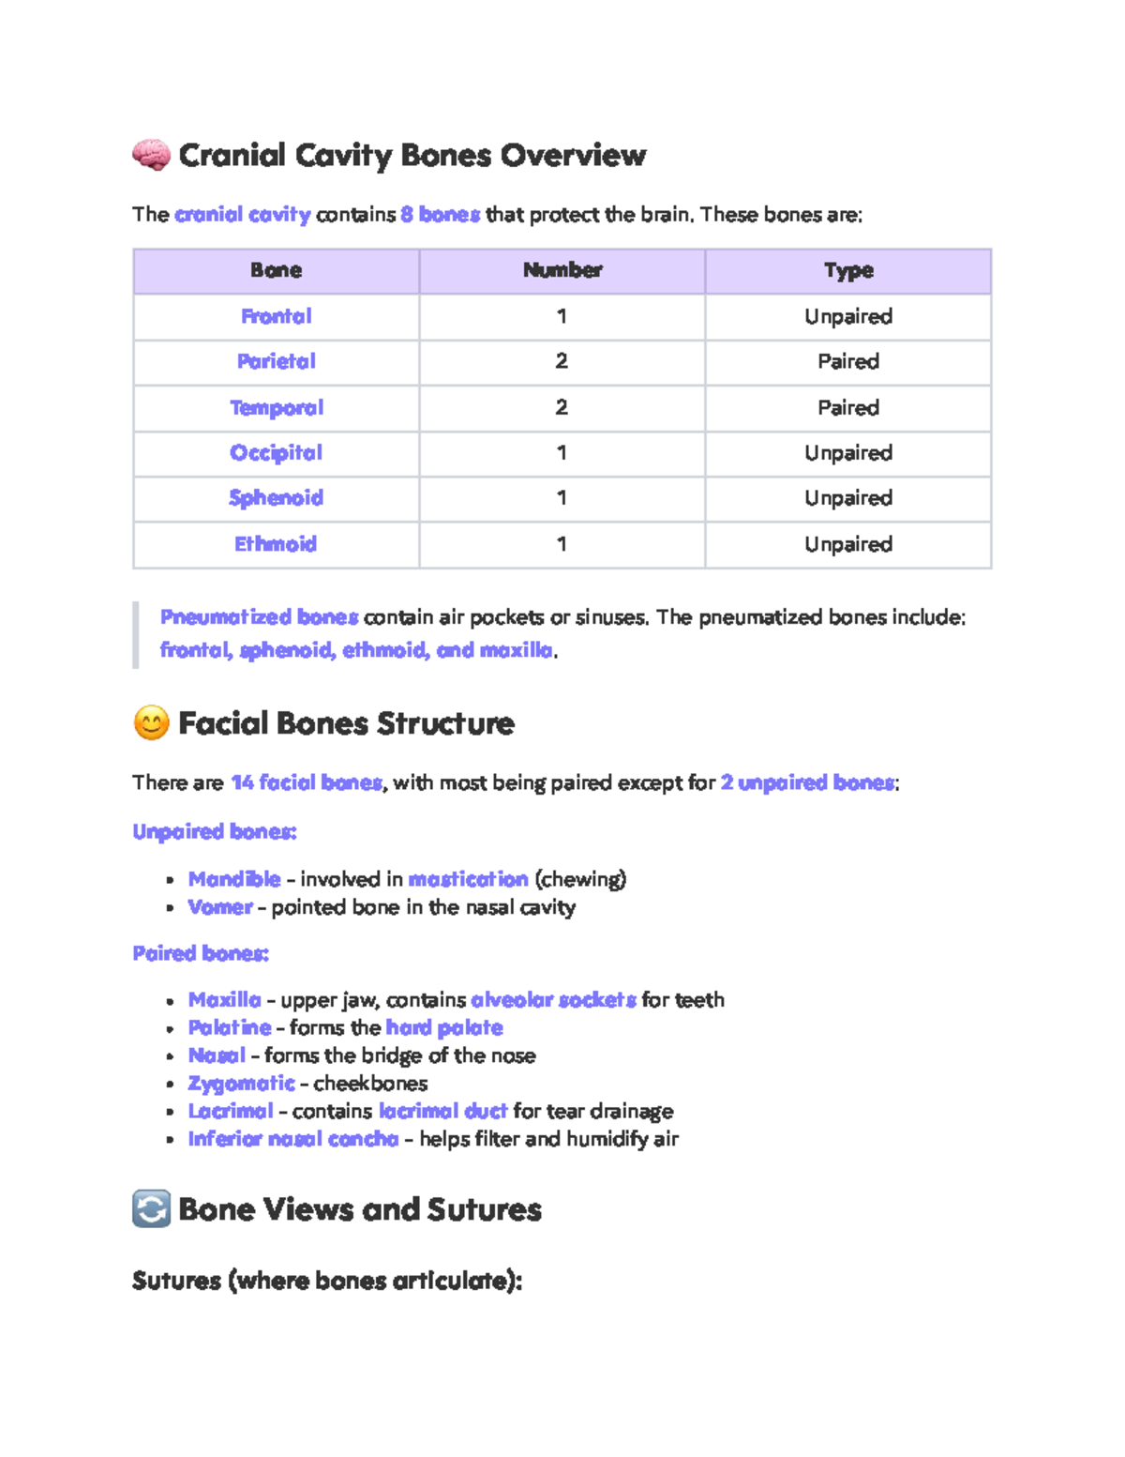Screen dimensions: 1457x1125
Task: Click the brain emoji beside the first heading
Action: (151, 155)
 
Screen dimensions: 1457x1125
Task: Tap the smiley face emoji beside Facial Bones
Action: (151, 723)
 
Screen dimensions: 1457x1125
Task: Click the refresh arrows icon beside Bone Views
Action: (151, 1209)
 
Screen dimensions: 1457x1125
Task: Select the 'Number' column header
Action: (562, 270)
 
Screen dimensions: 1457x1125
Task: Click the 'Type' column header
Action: (847, 270)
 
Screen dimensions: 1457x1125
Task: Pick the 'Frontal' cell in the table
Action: (276, 316)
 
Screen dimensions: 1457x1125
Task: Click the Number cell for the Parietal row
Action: (562, 361)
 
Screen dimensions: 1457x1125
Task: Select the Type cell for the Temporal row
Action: (847, 407)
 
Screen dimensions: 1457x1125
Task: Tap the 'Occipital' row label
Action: (276, 452)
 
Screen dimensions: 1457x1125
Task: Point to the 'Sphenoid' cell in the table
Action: (276, 498)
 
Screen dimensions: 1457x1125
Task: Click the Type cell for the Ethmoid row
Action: (847, 544)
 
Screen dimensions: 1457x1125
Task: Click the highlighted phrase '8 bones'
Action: (440, 215)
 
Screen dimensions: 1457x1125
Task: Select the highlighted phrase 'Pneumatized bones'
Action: (259, 617)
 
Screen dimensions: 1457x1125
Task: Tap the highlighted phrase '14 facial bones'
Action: (307, 782)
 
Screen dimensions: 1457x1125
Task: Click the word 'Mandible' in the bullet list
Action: (234, 879)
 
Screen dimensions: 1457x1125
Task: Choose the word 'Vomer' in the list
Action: (220, 907)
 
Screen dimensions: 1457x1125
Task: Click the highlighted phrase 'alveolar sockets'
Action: (553, 1000)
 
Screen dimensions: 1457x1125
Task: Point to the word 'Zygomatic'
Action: (241, 1084)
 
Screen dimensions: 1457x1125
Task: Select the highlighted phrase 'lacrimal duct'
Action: (442, 1112)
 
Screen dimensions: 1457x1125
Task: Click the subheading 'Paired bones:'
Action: (201, 953)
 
